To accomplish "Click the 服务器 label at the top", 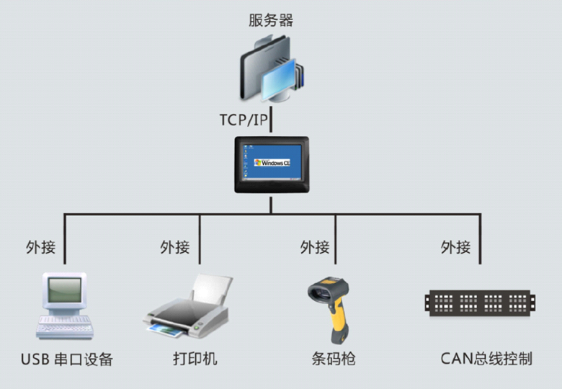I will coord(271,20).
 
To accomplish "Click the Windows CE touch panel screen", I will coord(271,164).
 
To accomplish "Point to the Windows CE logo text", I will coord(274,164).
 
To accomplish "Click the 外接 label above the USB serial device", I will coord(40,248).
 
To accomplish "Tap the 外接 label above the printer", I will coord(175,248).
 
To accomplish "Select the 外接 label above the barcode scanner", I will coord(315,248).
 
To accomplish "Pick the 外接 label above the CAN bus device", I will coord(455,248).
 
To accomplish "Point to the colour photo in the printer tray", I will coord(165,331).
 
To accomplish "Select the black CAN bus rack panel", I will coord(481,302).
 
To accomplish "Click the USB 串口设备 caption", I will coord(66,359).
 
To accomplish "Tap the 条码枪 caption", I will coord(334,359).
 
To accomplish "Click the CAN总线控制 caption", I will coord(486,358).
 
